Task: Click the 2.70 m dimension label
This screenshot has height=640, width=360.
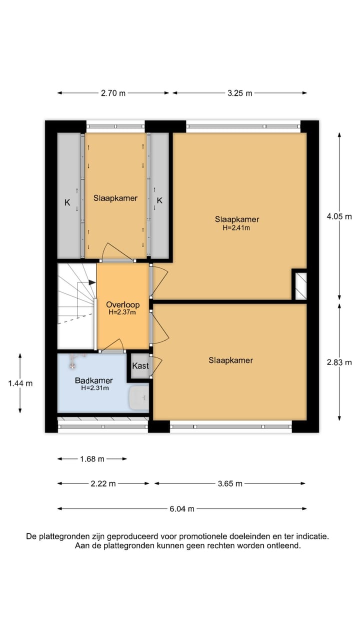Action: (113, 93)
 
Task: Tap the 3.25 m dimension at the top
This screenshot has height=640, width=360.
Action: (240, 93)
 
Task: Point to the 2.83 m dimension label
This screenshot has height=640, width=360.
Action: (339, 362)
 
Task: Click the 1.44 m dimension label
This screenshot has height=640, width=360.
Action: (20, 383)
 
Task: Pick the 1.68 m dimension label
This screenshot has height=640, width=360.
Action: (92, 458)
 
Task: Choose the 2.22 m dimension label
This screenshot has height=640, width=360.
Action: (103, 483)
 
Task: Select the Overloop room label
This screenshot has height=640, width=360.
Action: (122, 304)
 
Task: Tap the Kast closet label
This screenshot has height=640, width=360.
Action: (140, 366)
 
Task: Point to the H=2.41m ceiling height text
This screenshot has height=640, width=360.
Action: (237, 227)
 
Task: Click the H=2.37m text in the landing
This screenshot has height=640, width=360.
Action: (122, 312)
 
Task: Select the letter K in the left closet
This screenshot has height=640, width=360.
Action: (66, 202)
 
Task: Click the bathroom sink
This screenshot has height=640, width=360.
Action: (138, 398)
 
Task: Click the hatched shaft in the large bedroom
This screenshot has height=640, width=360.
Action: (300, 285)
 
